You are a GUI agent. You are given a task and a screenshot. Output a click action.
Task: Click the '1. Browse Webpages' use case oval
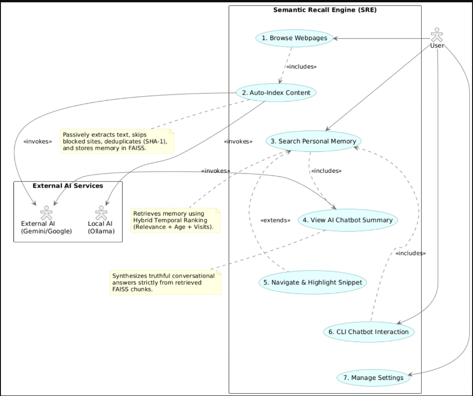click(x=294, y=38)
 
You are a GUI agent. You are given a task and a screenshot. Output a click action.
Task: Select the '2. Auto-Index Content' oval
click(x=276, y=92)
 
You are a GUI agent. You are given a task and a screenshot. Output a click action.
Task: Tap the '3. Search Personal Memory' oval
click(x=314, y=141)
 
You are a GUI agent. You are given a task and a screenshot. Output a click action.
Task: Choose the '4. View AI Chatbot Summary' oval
click(x=348, y=220)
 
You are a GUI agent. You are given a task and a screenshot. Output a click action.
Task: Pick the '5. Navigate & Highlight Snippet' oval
click(x=313, y=282)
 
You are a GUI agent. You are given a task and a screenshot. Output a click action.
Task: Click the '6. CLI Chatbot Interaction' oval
click(x=369, y=332)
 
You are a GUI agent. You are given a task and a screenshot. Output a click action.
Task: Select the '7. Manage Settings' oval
click(x=373, y=378)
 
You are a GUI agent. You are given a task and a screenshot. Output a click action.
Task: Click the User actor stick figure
click(x=437, y=35)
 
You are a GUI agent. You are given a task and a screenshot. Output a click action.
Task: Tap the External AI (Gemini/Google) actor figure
click(x=47, y=213)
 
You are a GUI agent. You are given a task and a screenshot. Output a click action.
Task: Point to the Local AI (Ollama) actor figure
click(x=101, y=213)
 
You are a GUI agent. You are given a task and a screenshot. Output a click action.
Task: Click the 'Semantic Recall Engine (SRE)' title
click(x=325, y=10)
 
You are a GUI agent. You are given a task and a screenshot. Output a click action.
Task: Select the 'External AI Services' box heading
click(x=68, y=186)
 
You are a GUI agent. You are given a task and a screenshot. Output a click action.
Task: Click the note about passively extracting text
click(x=117, y=141)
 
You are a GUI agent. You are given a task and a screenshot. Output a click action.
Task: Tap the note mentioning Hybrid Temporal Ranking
click(x=176, y=220)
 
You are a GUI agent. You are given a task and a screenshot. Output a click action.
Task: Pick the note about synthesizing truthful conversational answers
click(x=166, y=282)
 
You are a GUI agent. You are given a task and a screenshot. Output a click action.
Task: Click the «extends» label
click(x=275, y=220)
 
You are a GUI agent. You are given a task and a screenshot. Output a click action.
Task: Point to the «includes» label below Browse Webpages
click(x=301, y=66)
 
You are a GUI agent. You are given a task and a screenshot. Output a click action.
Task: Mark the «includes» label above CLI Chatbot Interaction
click(x=411, y=253)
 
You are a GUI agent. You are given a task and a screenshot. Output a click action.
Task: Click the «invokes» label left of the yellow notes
click(x=38, y=141)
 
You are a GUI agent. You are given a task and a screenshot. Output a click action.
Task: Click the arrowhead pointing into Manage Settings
click(x=410, y=375)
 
